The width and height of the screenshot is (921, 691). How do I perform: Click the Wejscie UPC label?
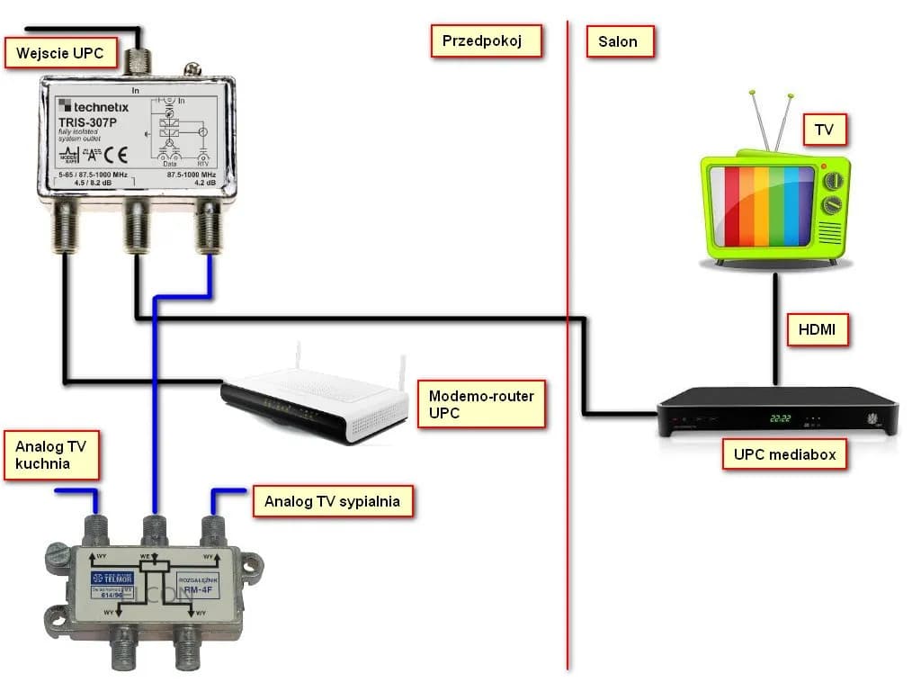click(59, 52)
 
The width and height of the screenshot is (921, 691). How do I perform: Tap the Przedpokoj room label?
click(487, 41)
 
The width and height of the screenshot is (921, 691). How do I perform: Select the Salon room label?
click(618, 41)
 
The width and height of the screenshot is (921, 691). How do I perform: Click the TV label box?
click(824, 130)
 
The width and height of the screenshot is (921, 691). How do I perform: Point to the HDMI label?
click(817, 330)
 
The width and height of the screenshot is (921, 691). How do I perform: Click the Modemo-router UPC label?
click(480, 404)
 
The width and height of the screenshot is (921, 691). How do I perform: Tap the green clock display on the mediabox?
click(779, 418)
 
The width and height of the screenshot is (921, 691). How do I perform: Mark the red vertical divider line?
click(568, 360)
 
